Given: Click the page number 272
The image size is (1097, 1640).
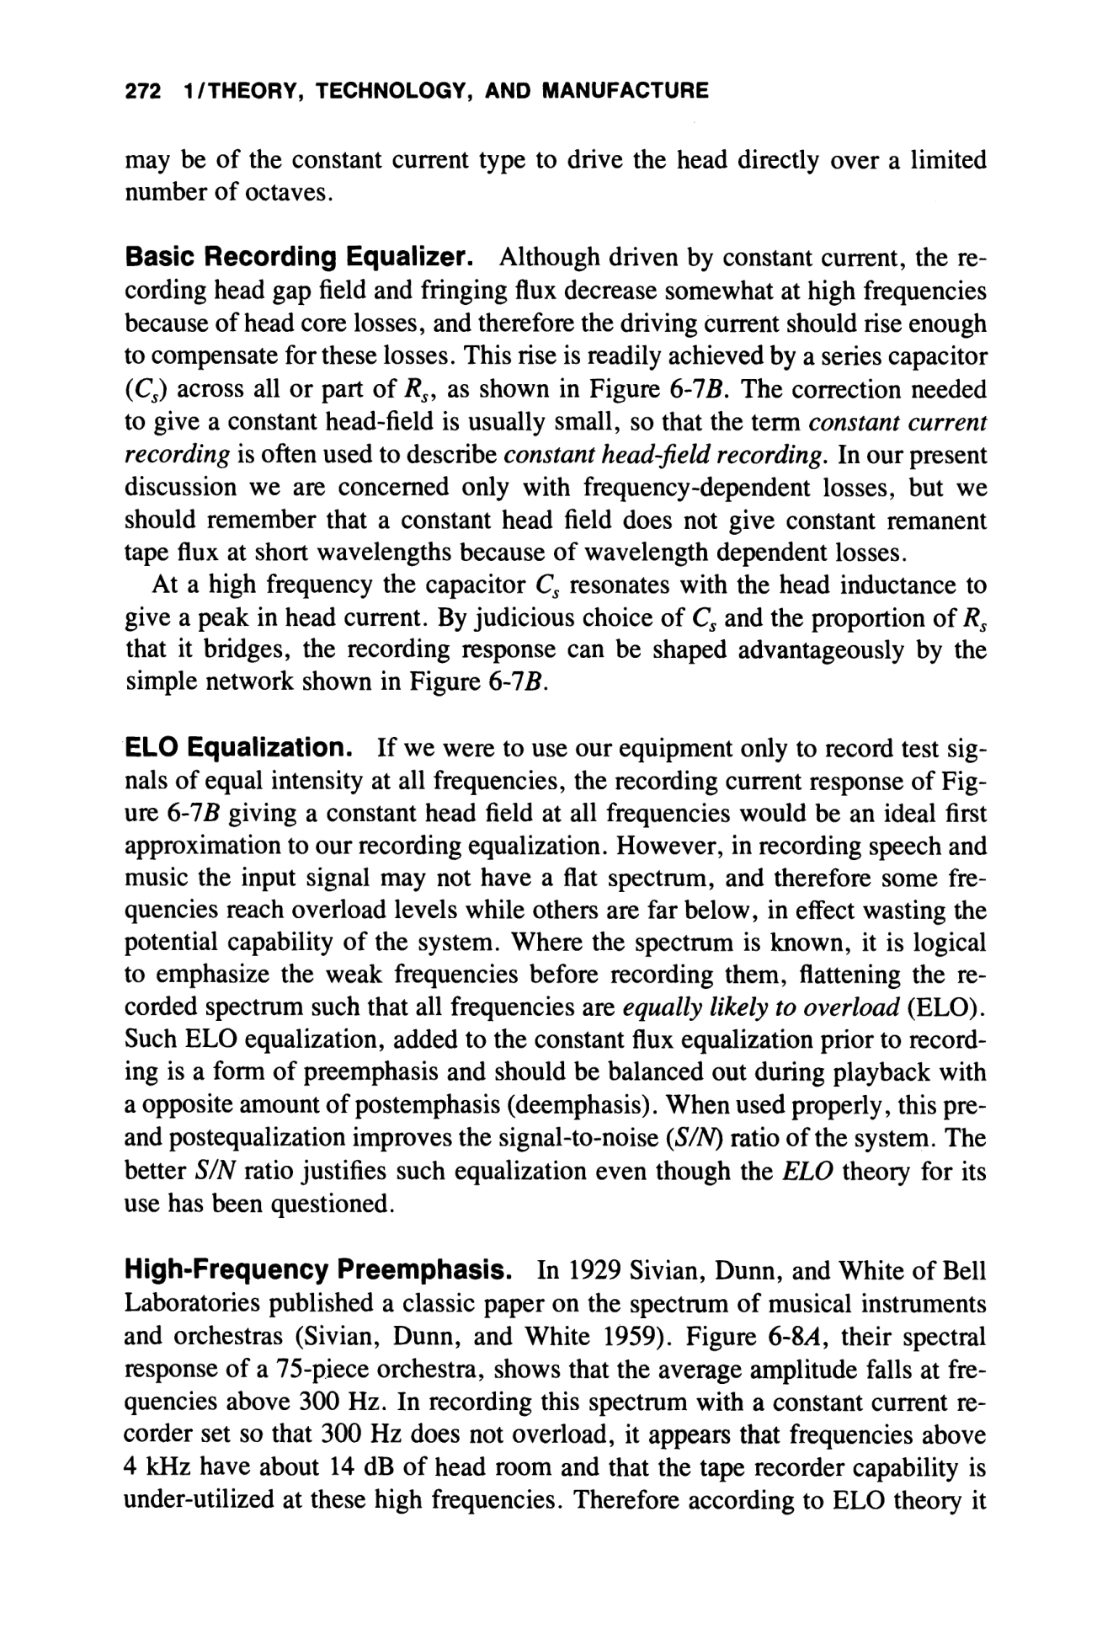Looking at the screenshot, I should (142, 90).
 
